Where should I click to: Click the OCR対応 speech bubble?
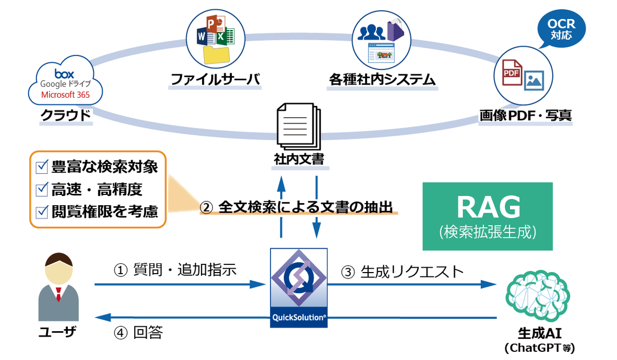pos(561,29)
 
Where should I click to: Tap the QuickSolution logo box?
pos(299,288)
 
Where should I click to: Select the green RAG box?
pos(487,216)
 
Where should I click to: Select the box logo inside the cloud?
pos(64,73)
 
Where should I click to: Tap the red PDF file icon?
pos(512,72)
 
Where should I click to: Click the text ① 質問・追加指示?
pos(174,269)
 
